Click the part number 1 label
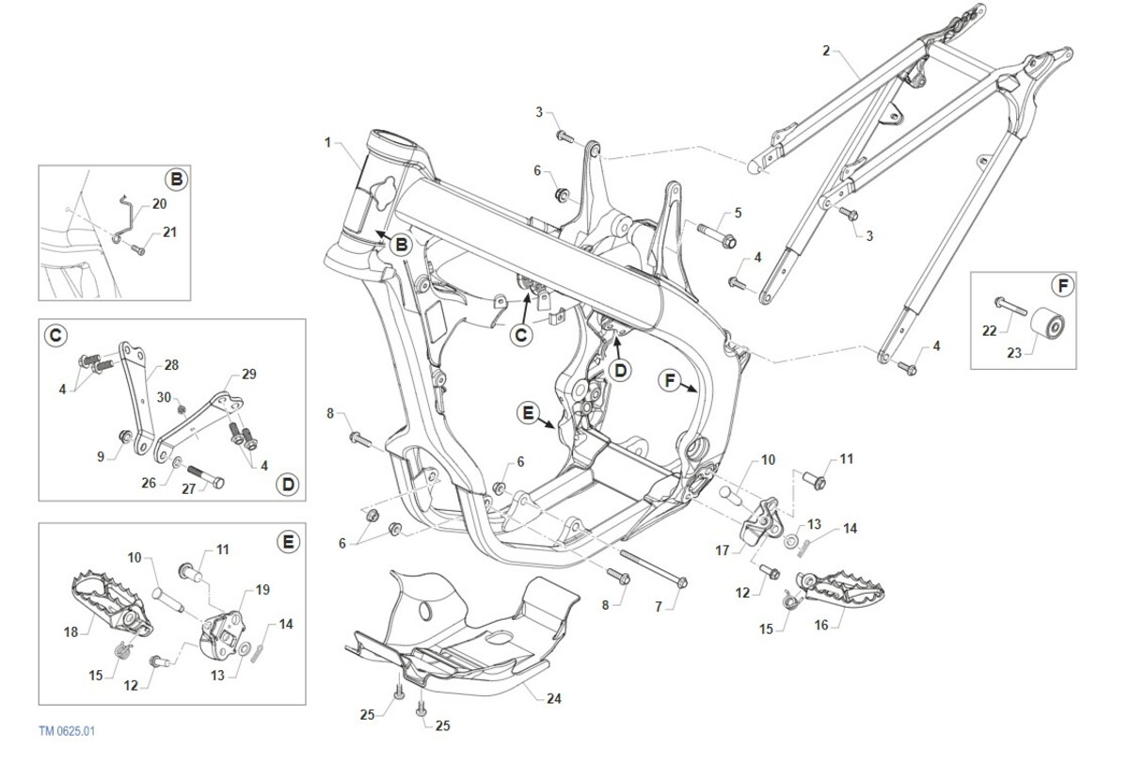pos(327,143)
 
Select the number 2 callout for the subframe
pos(826,50)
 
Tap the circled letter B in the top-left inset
pos(175,179)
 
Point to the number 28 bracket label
pos(170,364)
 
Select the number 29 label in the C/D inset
pos(248,374)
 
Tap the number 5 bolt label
pos(738,214)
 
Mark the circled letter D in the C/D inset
pos(288,484)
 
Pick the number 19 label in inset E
pos(262,590)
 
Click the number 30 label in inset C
pos(164,397)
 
